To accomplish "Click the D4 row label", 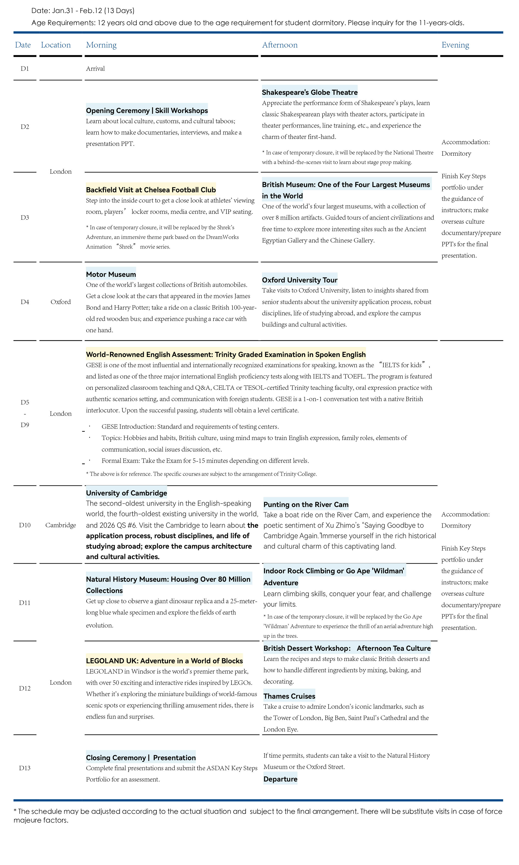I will pos(25,302).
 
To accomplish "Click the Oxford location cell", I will pos(60,302).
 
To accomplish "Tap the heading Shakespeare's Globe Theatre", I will pos(310,92).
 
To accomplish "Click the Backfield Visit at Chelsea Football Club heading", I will pos(151,190).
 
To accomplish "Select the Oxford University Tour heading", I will pos(299,280).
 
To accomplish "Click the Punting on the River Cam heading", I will pos(306,504).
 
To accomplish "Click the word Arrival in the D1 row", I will pos(95,69).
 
